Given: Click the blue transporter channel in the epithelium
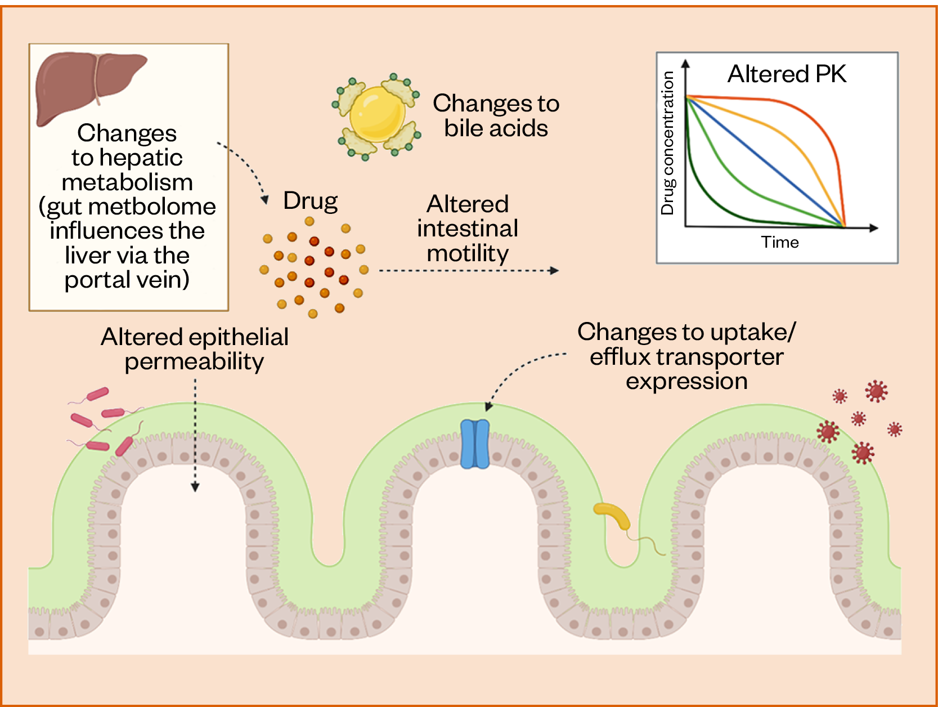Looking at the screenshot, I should [475, 444].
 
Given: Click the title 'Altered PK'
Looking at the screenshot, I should [787, 74].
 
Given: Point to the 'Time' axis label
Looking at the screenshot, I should [780, 242].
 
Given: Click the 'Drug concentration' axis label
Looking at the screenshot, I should [667, 144].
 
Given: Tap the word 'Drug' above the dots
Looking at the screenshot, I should [310, 201].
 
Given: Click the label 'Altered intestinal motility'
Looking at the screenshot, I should [468, 229].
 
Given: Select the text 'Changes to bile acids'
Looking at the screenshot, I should [496, 115].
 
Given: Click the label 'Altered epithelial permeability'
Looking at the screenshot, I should [195, 349].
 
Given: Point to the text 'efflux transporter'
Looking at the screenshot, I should [686, 357].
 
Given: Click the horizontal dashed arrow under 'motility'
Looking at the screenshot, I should [467, 271].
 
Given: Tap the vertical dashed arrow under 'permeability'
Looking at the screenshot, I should [195, 433].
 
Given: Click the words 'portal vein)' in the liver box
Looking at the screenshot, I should [127, 280].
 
